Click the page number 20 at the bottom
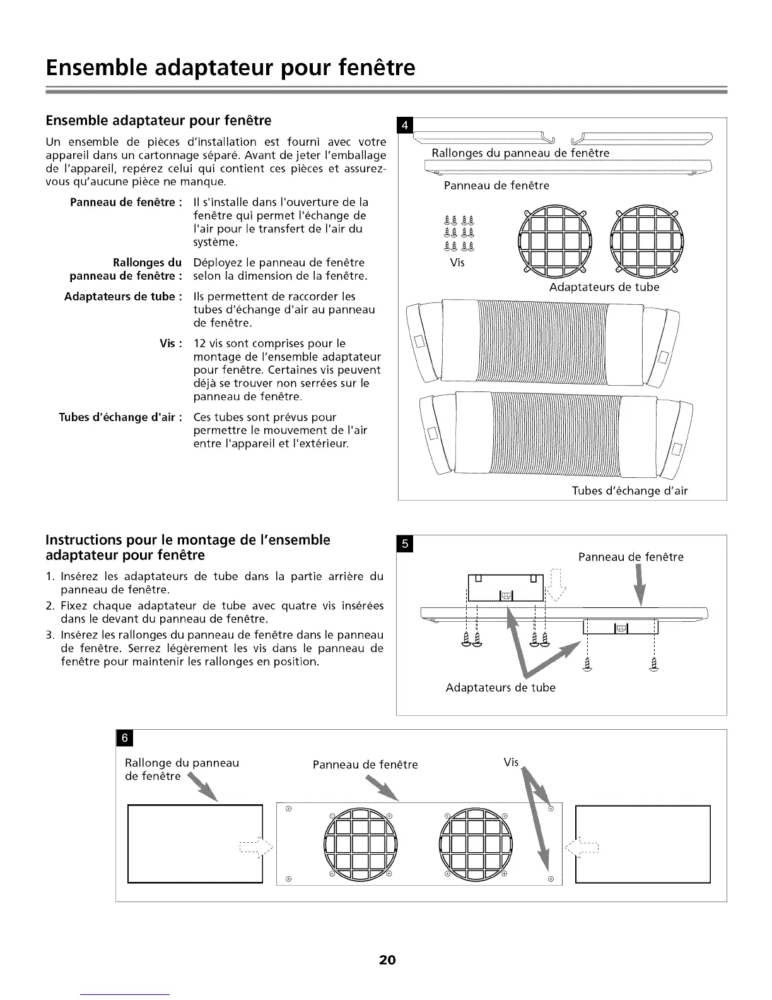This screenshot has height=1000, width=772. pos(387,960)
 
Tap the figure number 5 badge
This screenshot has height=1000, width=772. pos(405,543)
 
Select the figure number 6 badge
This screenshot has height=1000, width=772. pos(124,738)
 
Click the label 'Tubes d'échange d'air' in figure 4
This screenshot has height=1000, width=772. pos(629,491)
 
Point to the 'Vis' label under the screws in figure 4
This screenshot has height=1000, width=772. pos(457,263)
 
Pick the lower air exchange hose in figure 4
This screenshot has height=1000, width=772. pos(555,435)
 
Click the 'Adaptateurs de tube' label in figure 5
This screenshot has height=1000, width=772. pos(500,687)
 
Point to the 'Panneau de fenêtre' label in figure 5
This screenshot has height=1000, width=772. pos(631,557)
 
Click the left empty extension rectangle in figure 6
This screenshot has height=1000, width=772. pos(195,843)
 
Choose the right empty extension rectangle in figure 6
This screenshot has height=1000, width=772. pos(643,843)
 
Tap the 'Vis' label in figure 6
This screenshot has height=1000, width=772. pos(511,763)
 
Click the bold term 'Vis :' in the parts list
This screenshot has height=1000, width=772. pos(171,343)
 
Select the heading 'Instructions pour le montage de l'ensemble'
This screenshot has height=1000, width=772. pos(188,540)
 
